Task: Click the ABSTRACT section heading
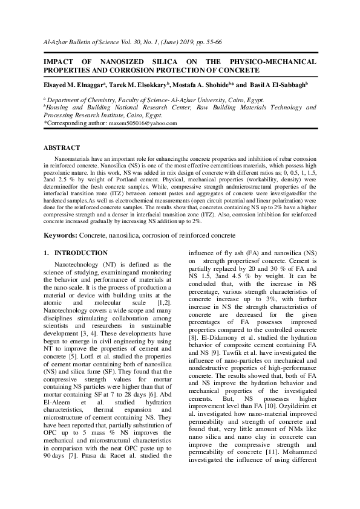coord(62,148)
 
